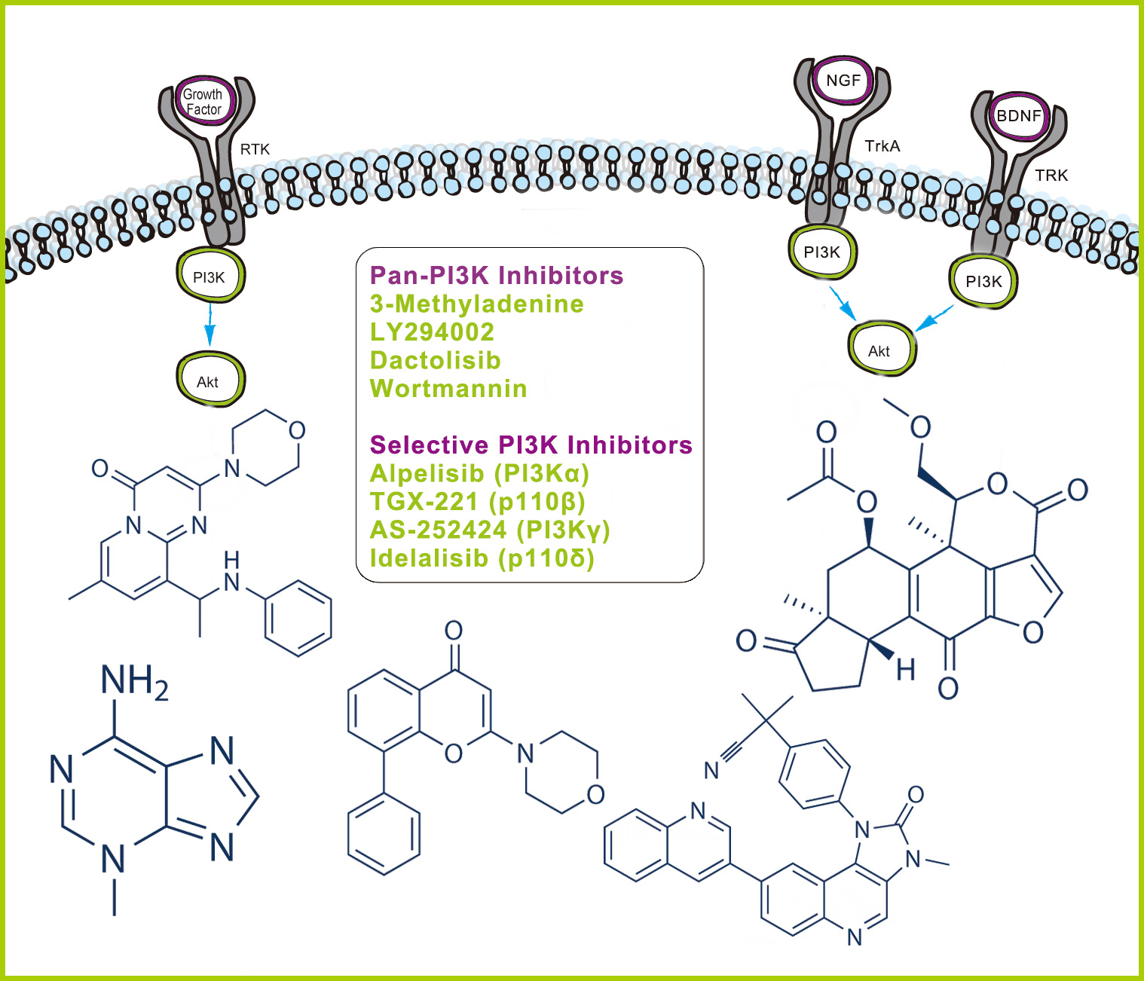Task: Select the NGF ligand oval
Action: [843, 81]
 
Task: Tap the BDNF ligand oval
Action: [1018, 116]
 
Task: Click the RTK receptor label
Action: [255, 149]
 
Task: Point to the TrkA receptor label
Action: [882, 147]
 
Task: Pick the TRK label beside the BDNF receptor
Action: [1051, 176]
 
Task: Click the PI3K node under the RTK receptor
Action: [210, 276]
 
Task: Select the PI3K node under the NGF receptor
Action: [822, 252]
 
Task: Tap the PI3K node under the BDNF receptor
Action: [983, 282]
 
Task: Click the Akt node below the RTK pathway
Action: [210, 380]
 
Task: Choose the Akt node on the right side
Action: [881, 349]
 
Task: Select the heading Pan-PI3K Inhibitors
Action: [497, 276]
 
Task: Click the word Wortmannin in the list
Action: [448, 389]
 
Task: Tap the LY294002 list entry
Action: [432, 332]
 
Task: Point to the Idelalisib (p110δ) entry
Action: [482, 558]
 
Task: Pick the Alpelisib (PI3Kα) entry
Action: [479, 474]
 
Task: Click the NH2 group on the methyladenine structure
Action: [134, 681]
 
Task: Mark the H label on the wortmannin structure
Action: [905, 671]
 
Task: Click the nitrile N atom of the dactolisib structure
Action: [711, 770]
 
